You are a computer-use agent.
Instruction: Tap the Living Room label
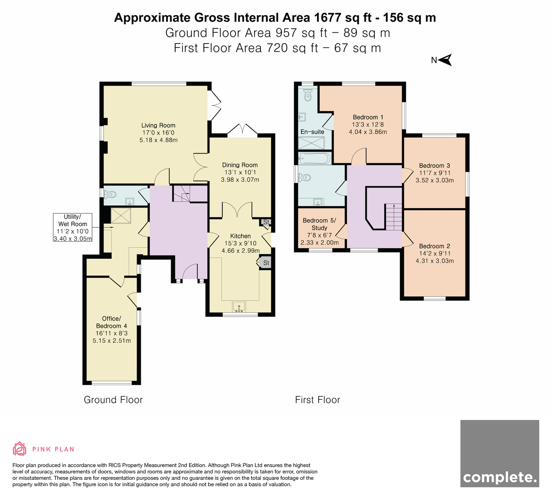coord(158,125)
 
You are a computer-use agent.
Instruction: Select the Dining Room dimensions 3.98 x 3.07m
coord(240,180)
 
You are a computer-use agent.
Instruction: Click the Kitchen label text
coord(240,236)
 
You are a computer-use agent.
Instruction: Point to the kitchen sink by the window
coord(239,307)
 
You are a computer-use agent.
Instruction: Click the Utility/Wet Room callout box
coord(73,227)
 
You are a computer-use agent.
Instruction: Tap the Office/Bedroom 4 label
coord(111,322)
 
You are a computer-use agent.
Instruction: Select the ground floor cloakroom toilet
coord(110,194)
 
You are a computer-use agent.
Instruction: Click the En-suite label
coord(312,132)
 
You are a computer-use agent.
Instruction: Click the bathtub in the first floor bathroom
coord(315,158)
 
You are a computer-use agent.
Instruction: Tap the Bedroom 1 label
coord(368,117)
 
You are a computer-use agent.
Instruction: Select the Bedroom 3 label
coord(435,165)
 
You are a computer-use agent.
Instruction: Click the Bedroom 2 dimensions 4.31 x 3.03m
coord(435,261)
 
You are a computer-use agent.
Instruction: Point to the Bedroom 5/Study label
coord(319,224)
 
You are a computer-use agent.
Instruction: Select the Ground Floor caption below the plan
coord(113,400)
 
